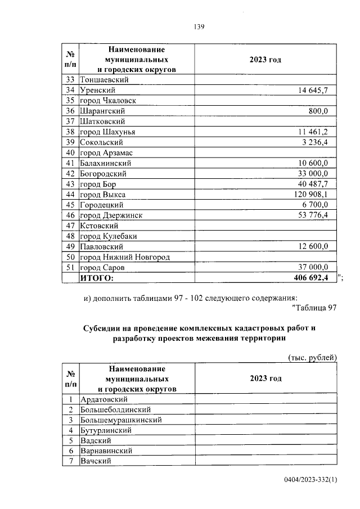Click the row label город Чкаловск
(x=108, y=101)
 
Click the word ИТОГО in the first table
(x=97, y=278)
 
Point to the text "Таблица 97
(x=314, y=308)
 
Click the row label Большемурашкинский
(x=121, y=420)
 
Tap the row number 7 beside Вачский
(x=71, y=461)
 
